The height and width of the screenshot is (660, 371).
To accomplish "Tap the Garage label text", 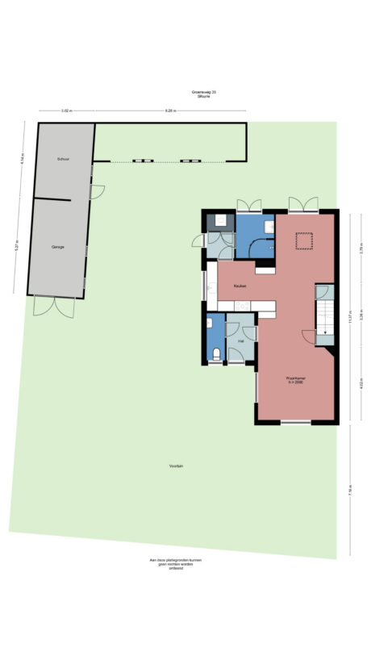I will [57, 246].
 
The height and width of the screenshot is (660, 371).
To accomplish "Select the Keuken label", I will [240, 286].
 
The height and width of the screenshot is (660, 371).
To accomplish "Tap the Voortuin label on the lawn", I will [176, 466].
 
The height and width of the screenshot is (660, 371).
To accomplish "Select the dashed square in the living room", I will [303, 240].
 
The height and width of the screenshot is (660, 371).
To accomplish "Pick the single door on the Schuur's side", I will [98, 193].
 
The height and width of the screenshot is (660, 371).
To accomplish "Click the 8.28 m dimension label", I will [170, 111].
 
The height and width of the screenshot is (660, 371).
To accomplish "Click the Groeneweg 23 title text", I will [203, 93].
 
